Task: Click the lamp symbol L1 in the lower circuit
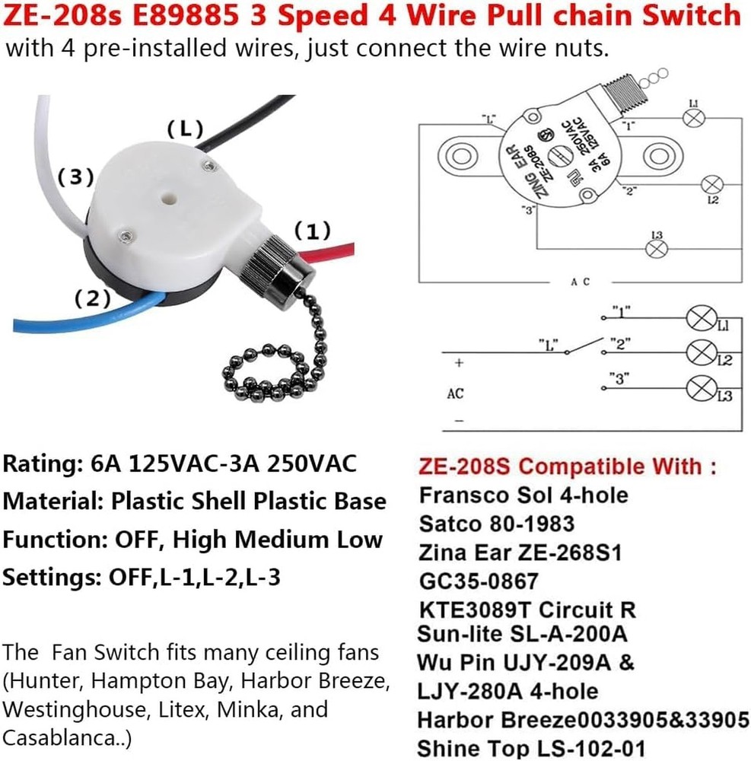(x=698, y=317)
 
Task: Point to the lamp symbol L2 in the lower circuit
(x=698, y=352)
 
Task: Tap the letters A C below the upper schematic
(x=580, y=282)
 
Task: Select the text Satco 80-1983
(x=496, y=524)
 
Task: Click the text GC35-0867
(x=479, y=581)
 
